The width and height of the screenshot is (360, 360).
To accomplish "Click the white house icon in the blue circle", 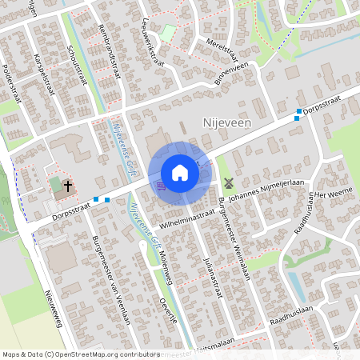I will [180, 172].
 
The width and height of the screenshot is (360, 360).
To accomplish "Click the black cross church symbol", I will [68, 186].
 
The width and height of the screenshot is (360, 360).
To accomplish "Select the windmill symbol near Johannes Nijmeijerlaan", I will [229, 182].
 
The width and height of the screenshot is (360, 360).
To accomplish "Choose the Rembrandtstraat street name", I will [112, 60].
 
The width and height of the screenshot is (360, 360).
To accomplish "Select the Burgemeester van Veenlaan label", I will [110, 279].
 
